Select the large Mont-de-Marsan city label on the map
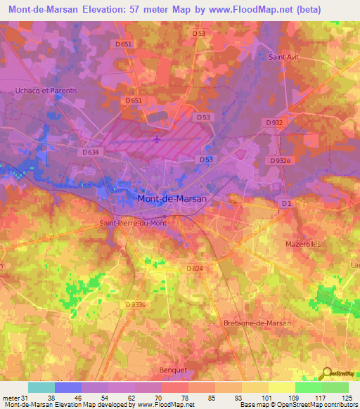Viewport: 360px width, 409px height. [x=172, y=199]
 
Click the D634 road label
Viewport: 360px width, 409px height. [x=90, y=152]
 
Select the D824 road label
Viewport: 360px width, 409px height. [x=195, y=269]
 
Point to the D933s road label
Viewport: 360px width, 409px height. [x=135, y=304]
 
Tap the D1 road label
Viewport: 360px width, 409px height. [x=285, y=204]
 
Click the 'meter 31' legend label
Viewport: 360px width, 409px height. [x=14, y=398]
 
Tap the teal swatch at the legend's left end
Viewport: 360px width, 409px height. [x=41, y=387]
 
